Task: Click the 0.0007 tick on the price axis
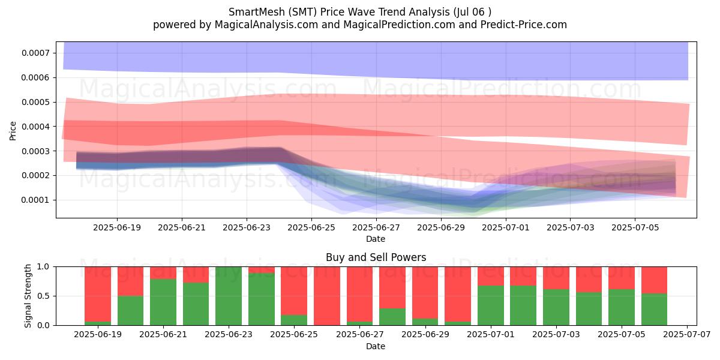pos(36,53)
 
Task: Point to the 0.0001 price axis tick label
pos(36,200)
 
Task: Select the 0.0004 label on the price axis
pos(36,127)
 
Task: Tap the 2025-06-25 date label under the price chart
pos(311,228)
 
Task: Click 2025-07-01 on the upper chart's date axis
pos(506,228)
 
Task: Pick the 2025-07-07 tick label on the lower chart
pos(687,335)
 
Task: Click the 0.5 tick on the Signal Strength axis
pos(44,296)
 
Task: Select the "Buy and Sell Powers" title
pos(376,257)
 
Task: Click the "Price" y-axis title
pos(13,131)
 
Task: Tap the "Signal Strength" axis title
pos(28,296)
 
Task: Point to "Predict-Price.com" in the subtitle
pos(524,25)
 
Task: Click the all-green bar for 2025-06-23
pos(229,296)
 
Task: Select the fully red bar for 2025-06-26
pos(327,296)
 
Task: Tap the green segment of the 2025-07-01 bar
pos(491,305)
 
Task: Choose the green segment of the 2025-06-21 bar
pos(163,302)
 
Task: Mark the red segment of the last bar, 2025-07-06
pos(654,280)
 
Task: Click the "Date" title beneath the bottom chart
pos(376,346)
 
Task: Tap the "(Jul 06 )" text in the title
pos(472,12)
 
